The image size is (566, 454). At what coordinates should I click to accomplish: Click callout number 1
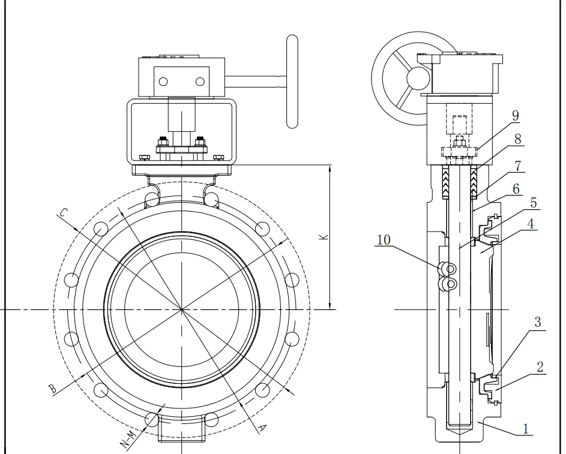pos(526,428)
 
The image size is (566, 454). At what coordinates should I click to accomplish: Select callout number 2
pos(540,366)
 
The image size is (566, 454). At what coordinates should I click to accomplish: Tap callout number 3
pos(538,322)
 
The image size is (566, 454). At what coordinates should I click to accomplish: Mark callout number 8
pos(518,139)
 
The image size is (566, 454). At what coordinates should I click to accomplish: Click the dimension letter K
pos(323,237)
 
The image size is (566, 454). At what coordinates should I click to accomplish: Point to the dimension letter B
pos(53,389)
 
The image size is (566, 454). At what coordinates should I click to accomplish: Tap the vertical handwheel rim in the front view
pos(292,81)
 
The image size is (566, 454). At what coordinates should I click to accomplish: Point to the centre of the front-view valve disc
pos(182,309)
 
